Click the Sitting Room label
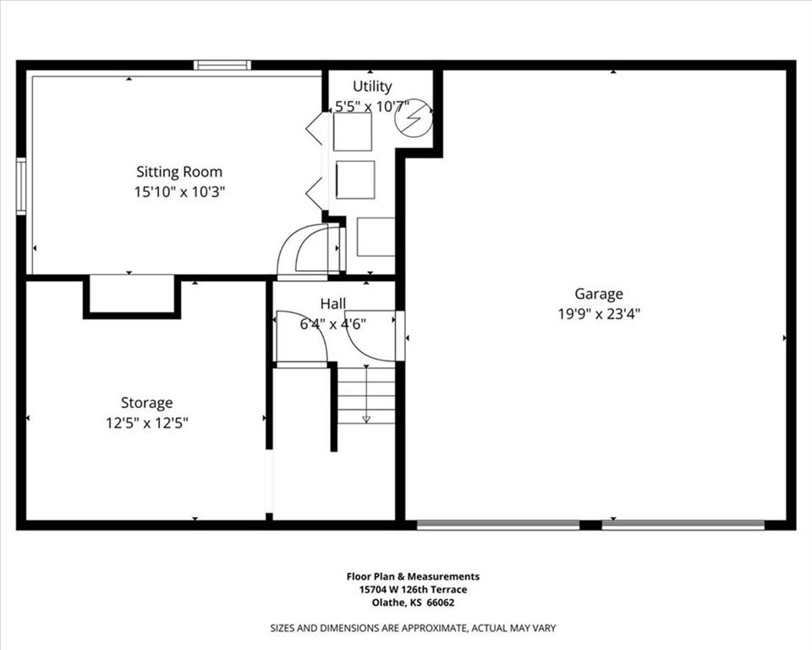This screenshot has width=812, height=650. [x=179, y=172]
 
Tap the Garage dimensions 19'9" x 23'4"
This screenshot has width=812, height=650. [x=599, y=314]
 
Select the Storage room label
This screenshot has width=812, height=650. [x=146, y=403]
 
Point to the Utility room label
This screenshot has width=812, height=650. [x=372, y=86]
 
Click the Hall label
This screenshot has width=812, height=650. [x=333, y=303]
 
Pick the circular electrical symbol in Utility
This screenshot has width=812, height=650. [x=414, y=117]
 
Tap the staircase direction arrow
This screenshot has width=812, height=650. [x=366, y=394]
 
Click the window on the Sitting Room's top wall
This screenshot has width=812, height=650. [x=222, y=65]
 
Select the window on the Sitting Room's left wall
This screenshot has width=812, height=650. [x=20, y=186]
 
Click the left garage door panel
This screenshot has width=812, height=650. [x=498, y=525]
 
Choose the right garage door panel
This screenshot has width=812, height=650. [x=683, y=525]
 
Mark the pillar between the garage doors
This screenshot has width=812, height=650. [x=590, y=525]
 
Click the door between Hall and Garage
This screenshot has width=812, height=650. [x=400, y=335]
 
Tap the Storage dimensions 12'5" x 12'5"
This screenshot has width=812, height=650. [x=147, y=423]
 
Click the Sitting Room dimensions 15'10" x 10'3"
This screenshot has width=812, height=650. [x=179, y=192]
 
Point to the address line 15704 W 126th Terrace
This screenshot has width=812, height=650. [x=414, y=589]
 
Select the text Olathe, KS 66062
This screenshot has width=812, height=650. [x=414, y=603]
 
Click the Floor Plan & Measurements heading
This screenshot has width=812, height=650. [x=414, y=576]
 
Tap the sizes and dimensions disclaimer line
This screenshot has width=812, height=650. [x=414, y=628]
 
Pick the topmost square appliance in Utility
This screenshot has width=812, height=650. [x=353, y=132]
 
